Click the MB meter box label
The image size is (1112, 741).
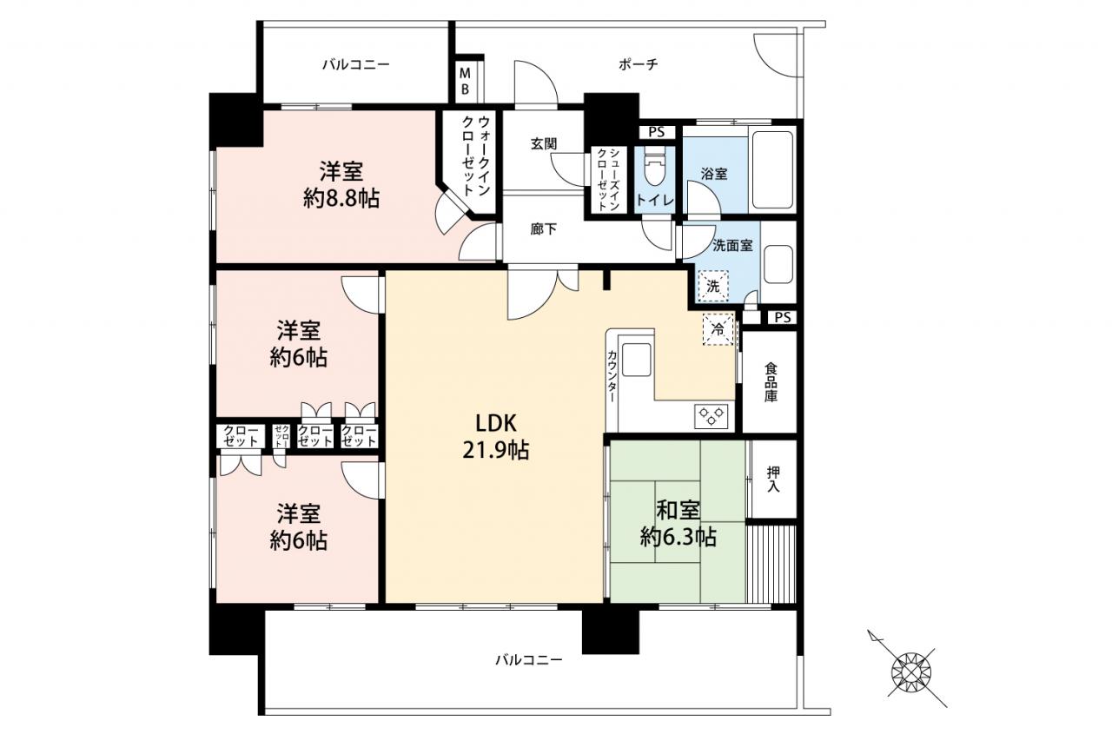465,82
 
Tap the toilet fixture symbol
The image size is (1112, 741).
654,170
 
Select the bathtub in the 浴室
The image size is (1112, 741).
772,169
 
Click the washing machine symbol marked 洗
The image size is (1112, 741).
713,287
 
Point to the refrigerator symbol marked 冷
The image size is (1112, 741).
718,328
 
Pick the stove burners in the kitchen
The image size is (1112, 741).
711,416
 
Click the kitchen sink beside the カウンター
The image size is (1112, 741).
636,361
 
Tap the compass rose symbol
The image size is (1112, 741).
911,673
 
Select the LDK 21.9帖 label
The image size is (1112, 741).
496,437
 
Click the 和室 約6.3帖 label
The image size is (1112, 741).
678,523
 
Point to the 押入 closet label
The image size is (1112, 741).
773,479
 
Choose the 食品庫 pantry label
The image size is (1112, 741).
771,382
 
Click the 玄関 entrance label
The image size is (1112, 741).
544,144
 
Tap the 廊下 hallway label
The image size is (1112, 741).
544,229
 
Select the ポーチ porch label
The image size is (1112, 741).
639,64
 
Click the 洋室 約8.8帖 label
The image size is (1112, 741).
341,185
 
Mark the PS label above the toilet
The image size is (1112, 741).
656,132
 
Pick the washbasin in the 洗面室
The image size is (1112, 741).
778,264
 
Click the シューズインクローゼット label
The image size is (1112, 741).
607,180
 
